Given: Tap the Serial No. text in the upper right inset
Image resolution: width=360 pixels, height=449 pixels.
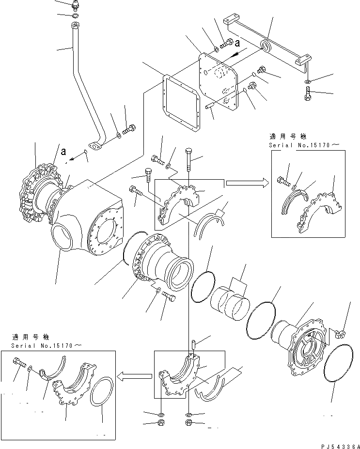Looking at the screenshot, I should (295, 145).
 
